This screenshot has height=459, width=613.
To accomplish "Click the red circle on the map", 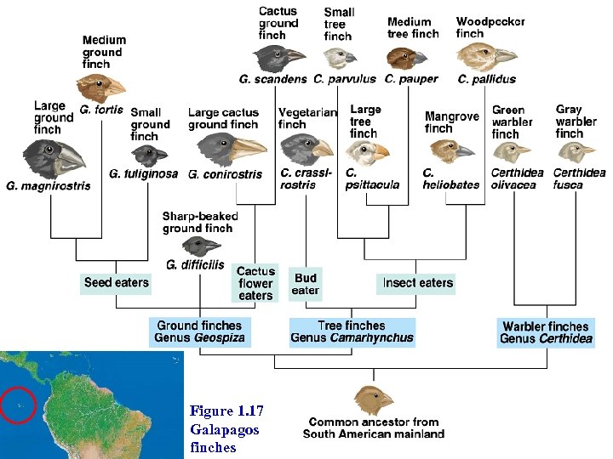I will pos(19,404).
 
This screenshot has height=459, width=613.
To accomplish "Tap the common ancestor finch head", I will pos(374,399).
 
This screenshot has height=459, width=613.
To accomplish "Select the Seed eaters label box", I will pos(116,283).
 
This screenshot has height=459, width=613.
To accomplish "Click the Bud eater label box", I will pos(305,284).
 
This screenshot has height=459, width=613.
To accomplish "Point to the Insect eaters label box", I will pos(416,283).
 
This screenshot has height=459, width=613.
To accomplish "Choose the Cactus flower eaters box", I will pos(255,284).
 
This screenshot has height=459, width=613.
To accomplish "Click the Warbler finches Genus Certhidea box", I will pos(546,332).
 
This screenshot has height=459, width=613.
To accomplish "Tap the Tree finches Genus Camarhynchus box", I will pos(352,331).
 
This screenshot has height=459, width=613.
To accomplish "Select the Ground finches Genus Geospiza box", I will pos(199,331).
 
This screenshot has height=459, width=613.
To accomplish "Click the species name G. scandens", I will pos(272,79).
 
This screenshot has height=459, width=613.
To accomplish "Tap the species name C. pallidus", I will pos(487,79).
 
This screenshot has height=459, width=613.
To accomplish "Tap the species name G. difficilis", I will pos(195,265).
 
